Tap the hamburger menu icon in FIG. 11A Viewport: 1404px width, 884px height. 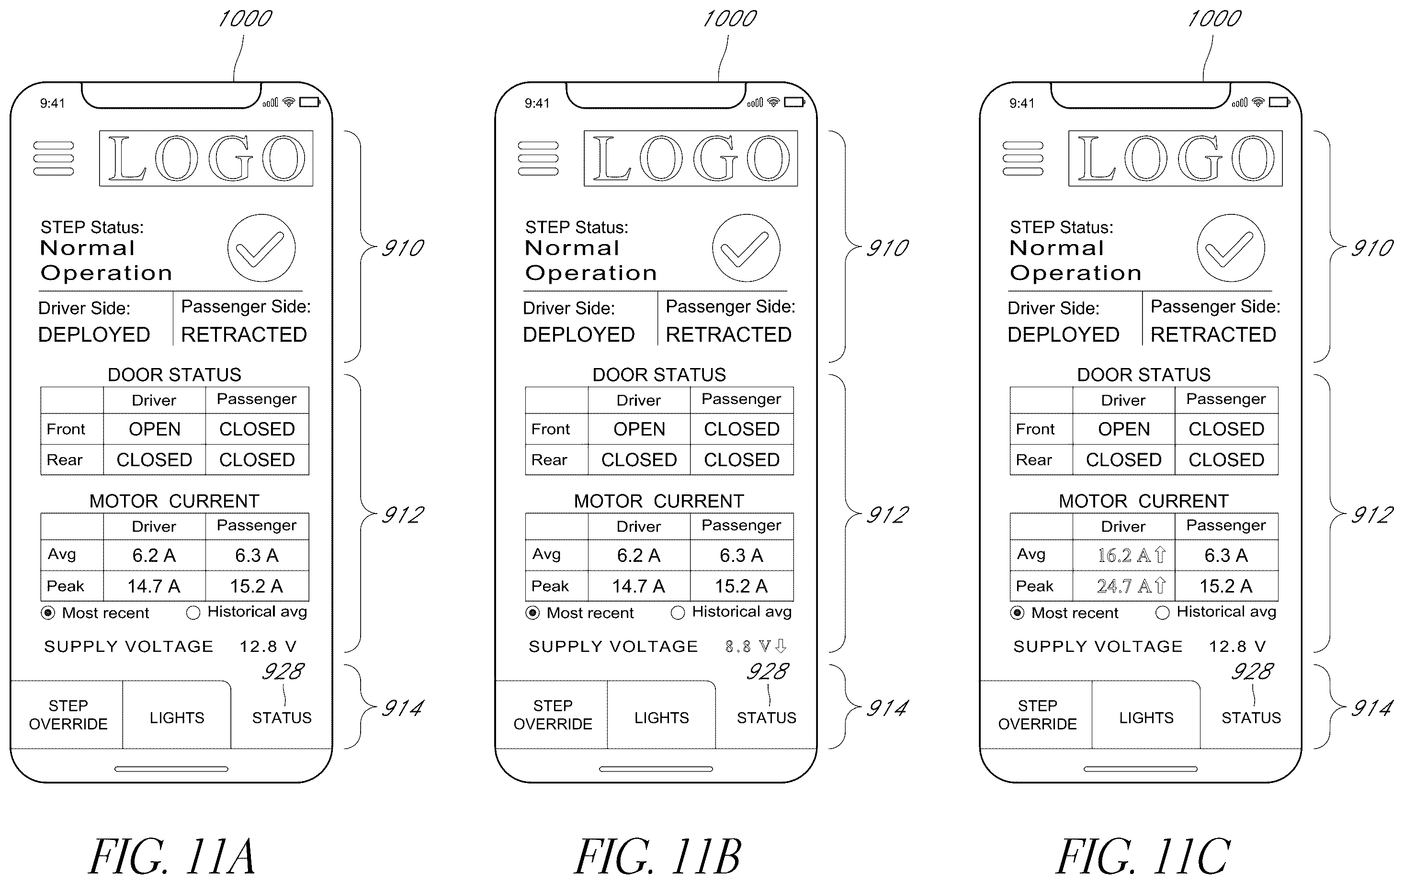(54, 158)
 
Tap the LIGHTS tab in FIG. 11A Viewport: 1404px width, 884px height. (177, 717)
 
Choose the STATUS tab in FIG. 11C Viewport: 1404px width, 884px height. (1251, 717)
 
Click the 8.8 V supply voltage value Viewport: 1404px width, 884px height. (756, 646)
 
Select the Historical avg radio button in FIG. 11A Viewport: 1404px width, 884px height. (193, 613)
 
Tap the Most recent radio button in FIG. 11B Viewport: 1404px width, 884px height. (532, 613)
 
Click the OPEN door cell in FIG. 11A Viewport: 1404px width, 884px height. (155, 429)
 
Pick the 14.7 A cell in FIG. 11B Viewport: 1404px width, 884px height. (638, 586)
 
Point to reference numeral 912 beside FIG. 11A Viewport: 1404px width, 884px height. (402, 515)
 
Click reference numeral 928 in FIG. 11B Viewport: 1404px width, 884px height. (767, 671)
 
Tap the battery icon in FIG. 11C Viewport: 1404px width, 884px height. (1280, 102)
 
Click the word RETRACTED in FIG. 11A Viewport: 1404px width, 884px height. (244, 335)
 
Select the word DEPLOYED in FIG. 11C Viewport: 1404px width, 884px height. (1064, 335)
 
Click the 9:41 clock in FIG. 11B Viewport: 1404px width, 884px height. (537, 103)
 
